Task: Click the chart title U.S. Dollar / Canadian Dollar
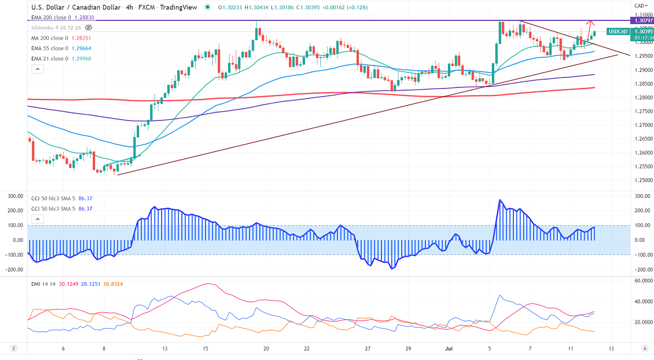76,8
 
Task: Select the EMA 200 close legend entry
51,18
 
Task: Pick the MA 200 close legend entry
49,38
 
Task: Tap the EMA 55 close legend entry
49,48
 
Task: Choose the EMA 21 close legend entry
49,59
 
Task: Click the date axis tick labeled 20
266,348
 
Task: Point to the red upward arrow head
590,23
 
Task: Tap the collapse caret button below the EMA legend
37,69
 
